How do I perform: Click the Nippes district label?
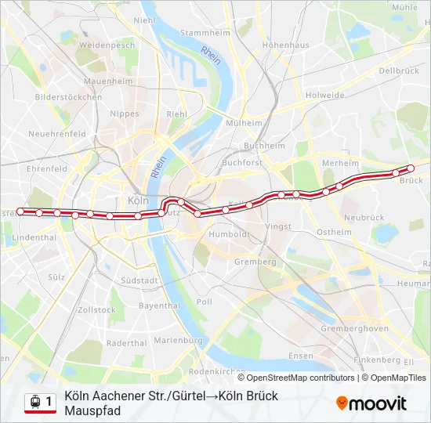pos(125,114)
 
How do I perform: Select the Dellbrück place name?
pos(398,70)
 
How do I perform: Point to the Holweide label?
pos(325,96)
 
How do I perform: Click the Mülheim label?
pos(244,123)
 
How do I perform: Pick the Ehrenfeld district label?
pos(47,168)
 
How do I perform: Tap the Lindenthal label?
pos(34,237)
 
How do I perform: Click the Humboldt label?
pos(229,233)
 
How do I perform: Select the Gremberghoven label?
pos(354,329)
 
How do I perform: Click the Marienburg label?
pos(178,340)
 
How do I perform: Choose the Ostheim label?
pos(334,232)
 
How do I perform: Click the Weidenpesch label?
pos(107,45)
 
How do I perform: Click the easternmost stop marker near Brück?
pos(411,168)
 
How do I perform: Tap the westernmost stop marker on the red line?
pos(20,211)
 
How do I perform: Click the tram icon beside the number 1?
pos(34,402)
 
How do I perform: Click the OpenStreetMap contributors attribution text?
pos(301,378)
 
